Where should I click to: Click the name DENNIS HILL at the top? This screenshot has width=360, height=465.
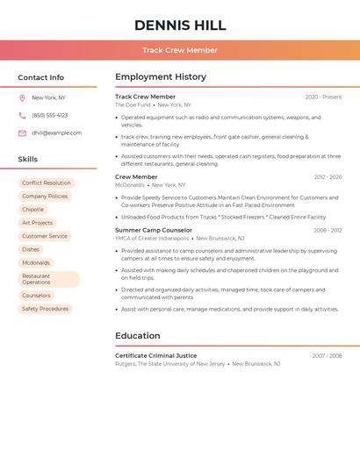(x=180, y=25)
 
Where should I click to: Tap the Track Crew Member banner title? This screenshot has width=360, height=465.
(x=180, y=50)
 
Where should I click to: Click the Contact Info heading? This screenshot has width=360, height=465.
(x=41, y=77)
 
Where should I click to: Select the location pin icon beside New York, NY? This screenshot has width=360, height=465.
(x=22, y=98)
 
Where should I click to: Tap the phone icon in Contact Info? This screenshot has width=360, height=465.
(x=22, y=116)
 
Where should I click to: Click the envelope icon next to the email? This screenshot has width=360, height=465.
(x=22, y=133)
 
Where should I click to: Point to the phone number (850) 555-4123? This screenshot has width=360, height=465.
(x=49, y=116)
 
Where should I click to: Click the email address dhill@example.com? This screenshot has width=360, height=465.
(x=56, y=133)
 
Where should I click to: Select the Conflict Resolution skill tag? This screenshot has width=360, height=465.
(x=47, y=183)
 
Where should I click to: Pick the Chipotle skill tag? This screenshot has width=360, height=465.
(x=33, y=210)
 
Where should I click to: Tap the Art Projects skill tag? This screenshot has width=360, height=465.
(x=38, y=223)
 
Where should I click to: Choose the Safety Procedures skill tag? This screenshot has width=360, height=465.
(x=46, y=309)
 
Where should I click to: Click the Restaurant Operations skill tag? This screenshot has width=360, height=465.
(x=48, y=279)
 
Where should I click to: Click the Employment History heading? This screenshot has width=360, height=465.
(x=161, y=77)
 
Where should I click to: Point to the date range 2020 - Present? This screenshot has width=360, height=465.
(x=323, y=97)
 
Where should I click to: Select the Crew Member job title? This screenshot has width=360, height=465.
(x=136, y=177)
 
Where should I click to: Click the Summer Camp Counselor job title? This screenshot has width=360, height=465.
(x=154, y=230)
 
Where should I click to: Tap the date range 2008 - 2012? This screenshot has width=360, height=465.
(x=328, y=230)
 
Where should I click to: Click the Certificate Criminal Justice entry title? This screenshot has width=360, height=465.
(x=155, y=355)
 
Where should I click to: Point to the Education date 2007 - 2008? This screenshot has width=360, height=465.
(x=327, y=355)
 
